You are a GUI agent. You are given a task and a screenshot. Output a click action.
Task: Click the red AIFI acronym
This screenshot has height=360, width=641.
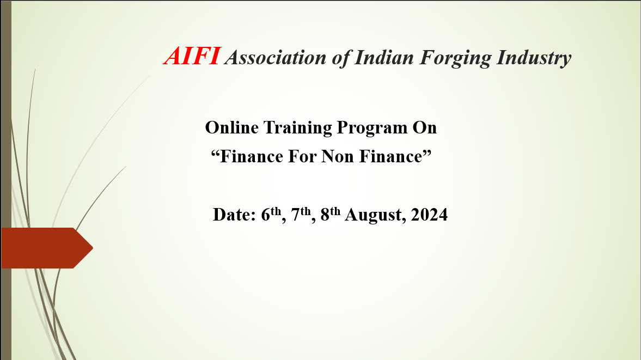[x=192, y=56]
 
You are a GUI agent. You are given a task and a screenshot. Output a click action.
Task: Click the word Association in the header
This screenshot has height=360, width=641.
[x=276, y=57]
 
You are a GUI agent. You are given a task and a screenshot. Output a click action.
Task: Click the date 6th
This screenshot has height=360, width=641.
[x=271, y=214]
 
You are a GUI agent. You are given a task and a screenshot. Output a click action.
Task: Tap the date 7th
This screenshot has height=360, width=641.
[x=301, y=214]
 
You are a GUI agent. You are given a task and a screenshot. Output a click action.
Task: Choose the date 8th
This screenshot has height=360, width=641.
[x=331, y=214]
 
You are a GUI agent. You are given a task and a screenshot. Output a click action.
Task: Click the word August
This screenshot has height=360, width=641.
[x=376, y=216]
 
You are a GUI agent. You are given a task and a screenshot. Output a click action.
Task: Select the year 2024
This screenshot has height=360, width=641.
[x=429, y=215]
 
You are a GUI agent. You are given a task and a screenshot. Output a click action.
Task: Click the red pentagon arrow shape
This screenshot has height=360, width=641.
[x=47, y=248]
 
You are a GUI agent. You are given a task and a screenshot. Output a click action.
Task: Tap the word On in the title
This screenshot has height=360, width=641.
[x=424, y=127]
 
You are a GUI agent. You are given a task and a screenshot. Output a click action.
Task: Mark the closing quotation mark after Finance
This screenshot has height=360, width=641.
[x=427, y=153]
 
